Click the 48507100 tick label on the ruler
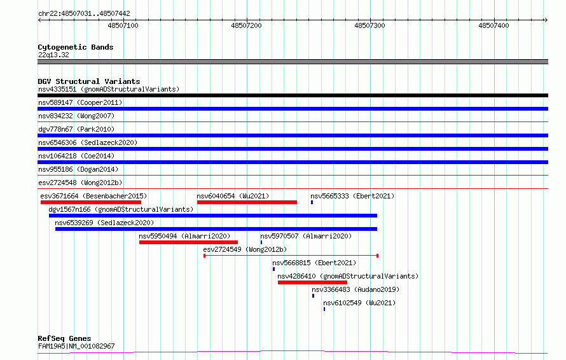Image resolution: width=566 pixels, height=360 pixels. [x=123, y=25]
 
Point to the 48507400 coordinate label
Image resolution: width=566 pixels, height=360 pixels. [x=494, y=25]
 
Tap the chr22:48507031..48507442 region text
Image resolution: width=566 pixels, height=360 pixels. [x=84, y=13]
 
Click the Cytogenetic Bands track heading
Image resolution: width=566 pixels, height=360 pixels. [x=76, y=47]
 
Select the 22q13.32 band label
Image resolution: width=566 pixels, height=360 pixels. [x=53, y=55]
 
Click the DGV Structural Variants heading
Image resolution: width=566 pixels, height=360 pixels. [x=89, y=81]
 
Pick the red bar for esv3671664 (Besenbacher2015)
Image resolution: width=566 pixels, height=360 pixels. [x=90, y=202]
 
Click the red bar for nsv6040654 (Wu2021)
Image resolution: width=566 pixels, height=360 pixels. [x=247, y=202]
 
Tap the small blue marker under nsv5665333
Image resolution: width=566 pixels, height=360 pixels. [x=312, y=202]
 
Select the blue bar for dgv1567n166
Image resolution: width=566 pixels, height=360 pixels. [x=213, y=216]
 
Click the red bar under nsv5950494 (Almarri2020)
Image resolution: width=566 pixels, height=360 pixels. [x=188, y=242]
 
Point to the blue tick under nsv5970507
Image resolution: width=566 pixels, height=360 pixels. [x=261, y=242]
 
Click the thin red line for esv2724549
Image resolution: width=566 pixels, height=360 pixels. [x=291, y=256]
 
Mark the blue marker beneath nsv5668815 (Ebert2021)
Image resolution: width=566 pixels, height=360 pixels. [x=273, y=269]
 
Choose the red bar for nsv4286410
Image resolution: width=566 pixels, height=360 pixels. [x=313, y=282]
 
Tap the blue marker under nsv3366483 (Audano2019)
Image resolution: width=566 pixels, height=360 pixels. [x=313, y=296]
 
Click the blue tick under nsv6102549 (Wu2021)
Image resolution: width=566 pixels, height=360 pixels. [x=324, y=309]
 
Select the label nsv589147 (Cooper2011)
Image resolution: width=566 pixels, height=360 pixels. [x=80, y=102]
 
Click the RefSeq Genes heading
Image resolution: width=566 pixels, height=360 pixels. [x=64, y=338]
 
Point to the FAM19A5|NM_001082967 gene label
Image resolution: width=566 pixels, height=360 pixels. [x=76, y=346]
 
